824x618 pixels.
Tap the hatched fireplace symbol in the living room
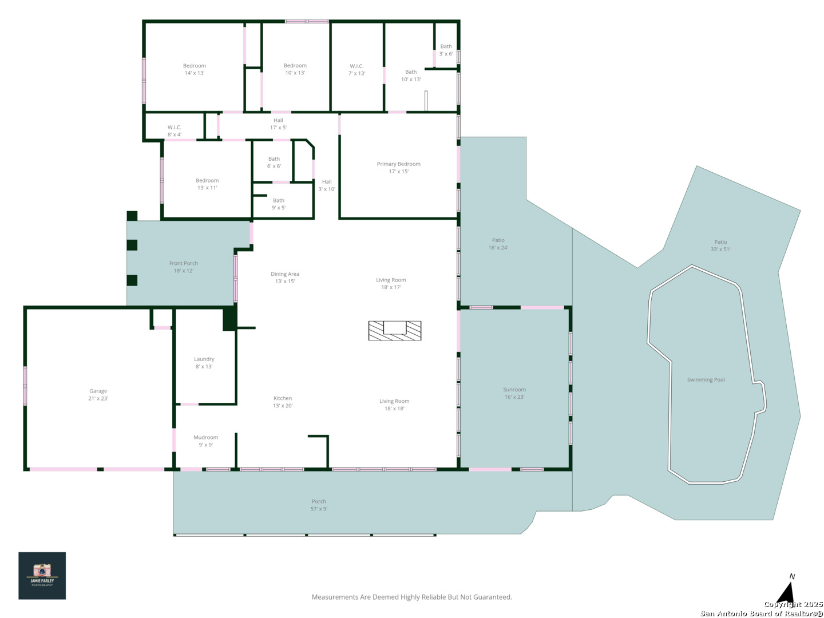(x=394, y=331)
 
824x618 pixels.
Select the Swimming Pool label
(x=706, y=380)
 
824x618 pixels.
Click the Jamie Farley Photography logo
(x=42, y=575)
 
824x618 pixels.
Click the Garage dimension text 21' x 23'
(x=98, y=398)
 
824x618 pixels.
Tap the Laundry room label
(x=204, y=359)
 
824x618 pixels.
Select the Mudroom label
(x=206, y=437)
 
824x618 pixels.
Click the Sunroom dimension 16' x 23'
(x=514, y=397)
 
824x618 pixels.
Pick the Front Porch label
(x=184, y=263)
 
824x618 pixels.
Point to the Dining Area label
(x=285, y=274)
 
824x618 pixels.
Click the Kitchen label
(x=283, y=398)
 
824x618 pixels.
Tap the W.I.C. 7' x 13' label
(x=356, y=70)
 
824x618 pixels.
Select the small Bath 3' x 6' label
(x=446, y=50)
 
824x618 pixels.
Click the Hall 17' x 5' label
(x=278, y=124)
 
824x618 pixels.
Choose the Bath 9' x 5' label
(x=279, y=204)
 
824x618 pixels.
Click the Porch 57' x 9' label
(x=319, y=505)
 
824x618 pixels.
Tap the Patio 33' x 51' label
(x=720, y=245)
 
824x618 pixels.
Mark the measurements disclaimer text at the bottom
(x=412, y=597)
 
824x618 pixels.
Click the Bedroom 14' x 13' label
(x=195, y=69)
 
